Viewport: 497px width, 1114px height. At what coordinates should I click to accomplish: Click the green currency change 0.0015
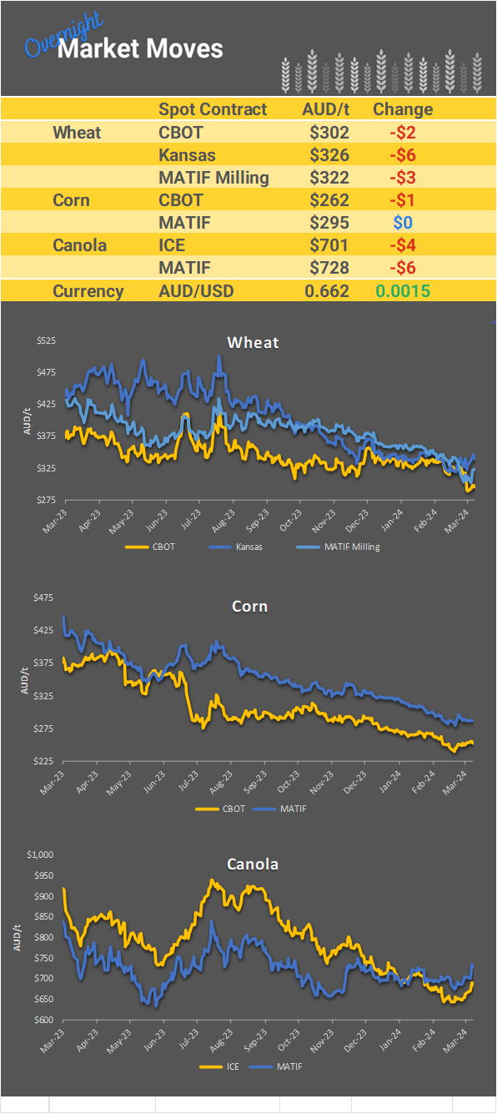(x=403, y=291)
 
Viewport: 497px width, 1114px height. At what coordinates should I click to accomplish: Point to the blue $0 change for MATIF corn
(x=403, y=223)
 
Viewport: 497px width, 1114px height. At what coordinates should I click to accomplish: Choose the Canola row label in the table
(x=79, y=245)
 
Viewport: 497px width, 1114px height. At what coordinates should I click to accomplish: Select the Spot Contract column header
(x=213, y=109)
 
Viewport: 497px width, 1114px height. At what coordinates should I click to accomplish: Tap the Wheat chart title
(x=253, y=342)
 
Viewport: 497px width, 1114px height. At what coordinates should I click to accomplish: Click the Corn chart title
(x=249, y=606)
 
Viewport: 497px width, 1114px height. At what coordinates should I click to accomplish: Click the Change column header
(x=403, y=109)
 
